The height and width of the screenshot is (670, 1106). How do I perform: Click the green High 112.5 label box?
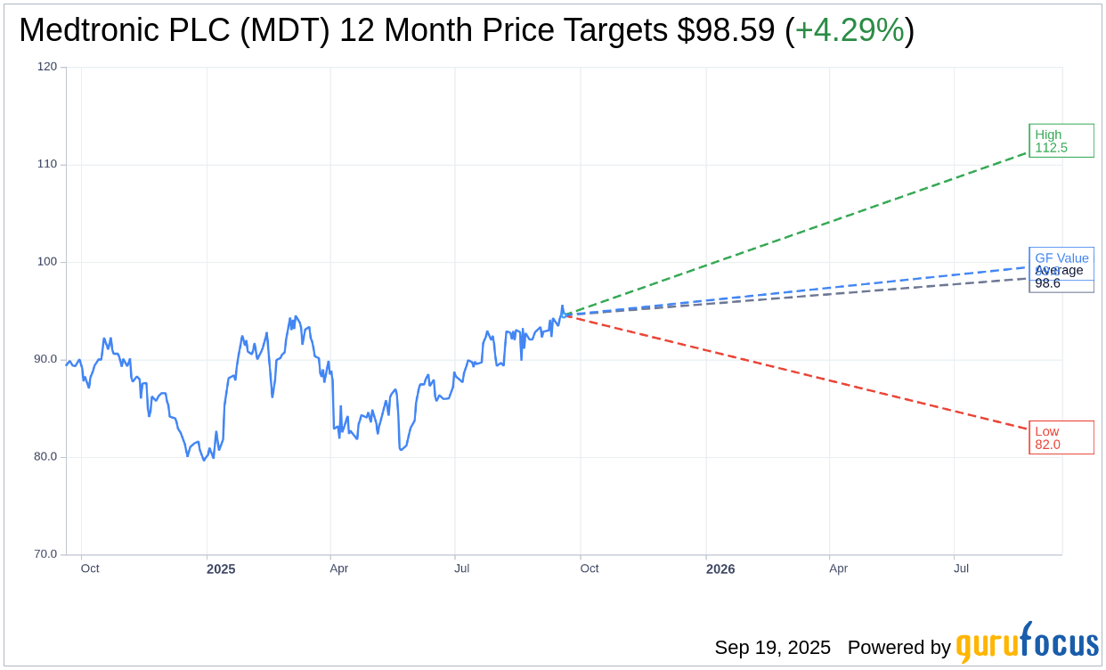(x=1061, y=141)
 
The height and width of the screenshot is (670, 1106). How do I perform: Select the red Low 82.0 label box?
(x=1061, y=437)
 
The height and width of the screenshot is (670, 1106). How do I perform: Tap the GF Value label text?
(x=1061, y=257)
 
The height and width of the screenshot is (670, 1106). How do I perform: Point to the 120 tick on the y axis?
(x=47, y=67)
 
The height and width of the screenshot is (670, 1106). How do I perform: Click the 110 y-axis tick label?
(x=47, y=164)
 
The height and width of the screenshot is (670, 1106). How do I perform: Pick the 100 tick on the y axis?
(x=47, y=262)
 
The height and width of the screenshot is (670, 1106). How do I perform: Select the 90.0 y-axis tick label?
(x=45, y=359)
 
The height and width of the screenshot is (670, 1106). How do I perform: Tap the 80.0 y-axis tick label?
(x=45, y=456)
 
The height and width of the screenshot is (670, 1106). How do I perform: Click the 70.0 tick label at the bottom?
(x=45, y=554)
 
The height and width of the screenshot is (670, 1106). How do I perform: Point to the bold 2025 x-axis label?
(x=221, y=568)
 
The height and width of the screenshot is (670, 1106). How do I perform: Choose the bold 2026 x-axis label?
(x=720, y=568)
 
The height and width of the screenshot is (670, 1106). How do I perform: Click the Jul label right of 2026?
(x=961, y=568)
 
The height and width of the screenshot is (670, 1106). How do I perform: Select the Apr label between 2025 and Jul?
(x=338, y=568)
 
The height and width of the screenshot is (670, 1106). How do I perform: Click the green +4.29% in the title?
(x=849, y=30)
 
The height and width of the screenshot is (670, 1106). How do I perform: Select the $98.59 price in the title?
(x=726, y=30)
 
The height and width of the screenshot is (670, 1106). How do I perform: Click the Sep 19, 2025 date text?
(x=772, y=648)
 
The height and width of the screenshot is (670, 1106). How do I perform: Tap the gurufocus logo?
(x=1027, y=643)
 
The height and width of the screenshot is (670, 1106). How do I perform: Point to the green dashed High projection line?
(x=801, y=232)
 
